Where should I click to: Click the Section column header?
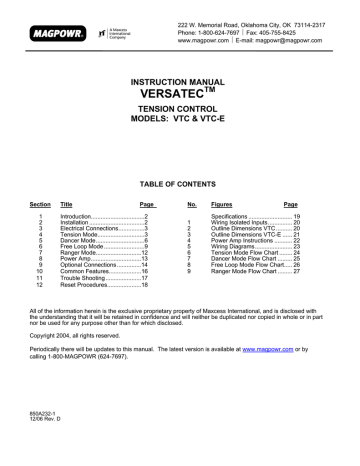point(40,201)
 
